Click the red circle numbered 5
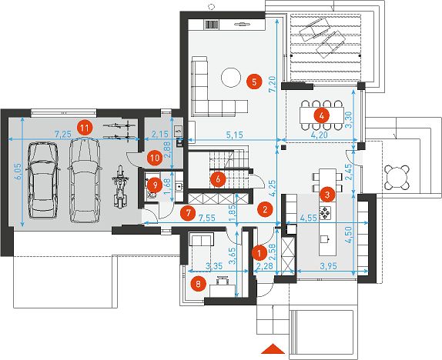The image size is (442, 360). [x=254, y=82]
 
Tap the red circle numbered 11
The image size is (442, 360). [x=85, y=128]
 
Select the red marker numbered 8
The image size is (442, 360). [x=198, y=284]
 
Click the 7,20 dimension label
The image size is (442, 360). [x=273, y=84]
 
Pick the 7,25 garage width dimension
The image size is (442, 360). [x=63, y=135]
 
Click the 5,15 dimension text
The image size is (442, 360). [x=235, y=135]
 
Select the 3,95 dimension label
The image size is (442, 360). [x=328, y=265]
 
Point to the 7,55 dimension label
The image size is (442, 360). [x=207, y=218]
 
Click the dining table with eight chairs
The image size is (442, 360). [x=322, y=115]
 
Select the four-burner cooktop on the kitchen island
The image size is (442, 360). [x=325, y=212]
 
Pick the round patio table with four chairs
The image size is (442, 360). [x=397, y=178]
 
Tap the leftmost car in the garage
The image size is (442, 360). [x=43, y=180]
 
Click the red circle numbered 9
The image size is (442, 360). [x=155, y=185]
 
